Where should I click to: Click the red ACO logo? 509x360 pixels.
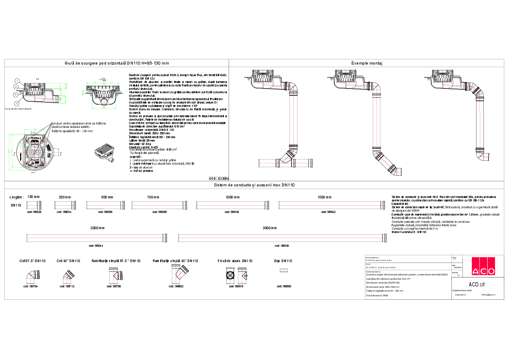tap(483, 266)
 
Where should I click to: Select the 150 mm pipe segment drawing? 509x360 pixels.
tap(34, 205)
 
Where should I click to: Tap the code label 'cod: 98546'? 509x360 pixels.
tap(282, 246)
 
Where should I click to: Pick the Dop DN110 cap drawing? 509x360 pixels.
tap(282, 270)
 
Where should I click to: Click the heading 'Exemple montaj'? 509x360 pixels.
tap(366, 63)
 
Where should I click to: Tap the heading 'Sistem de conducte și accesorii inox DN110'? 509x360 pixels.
tap(254, 185)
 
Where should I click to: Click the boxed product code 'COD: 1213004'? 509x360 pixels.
tap(219, 178)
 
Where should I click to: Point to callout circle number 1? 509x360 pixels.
tap(17, 80)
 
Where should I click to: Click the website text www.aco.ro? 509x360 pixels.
tap(460, 295)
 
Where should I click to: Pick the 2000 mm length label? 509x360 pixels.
tap(97, 228)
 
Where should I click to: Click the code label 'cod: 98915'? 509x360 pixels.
tap(236, 286)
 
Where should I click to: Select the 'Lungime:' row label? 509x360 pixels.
tap(16, 197)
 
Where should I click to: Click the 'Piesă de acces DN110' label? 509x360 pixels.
tap(235, 260)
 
